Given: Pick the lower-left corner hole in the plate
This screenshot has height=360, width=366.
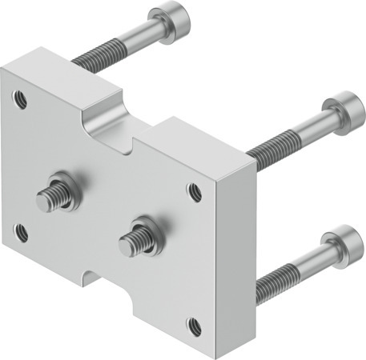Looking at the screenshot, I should [x=22, y=233].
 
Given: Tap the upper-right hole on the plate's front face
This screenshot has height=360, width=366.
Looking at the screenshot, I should [x=194, y=191].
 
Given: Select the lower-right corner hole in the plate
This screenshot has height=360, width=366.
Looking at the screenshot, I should [x=193, y=325].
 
